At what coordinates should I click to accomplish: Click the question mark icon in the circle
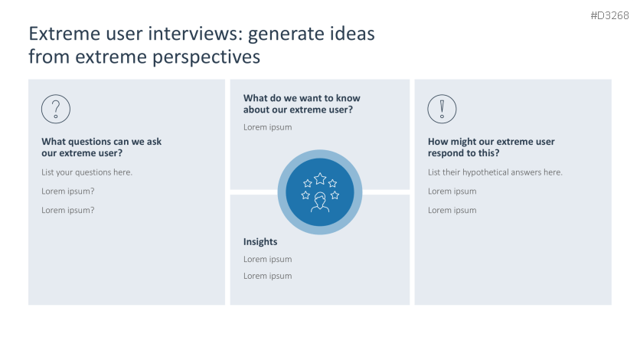click(56, 110)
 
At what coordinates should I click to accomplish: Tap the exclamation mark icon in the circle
click(442, 110)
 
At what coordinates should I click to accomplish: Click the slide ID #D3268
click(609, 15)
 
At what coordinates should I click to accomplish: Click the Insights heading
click(260, 242)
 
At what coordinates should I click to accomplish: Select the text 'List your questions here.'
click(87, 172)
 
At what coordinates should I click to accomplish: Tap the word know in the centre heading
click(347, 98)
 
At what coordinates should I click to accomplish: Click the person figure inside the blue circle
click(320, 202)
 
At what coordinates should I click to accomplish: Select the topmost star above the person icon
click(320, 178)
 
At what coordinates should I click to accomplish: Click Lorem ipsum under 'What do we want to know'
click(267, 127)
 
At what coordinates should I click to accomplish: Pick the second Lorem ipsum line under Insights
click(267, 276)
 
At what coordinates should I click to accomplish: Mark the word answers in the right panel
click(538, 172)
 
